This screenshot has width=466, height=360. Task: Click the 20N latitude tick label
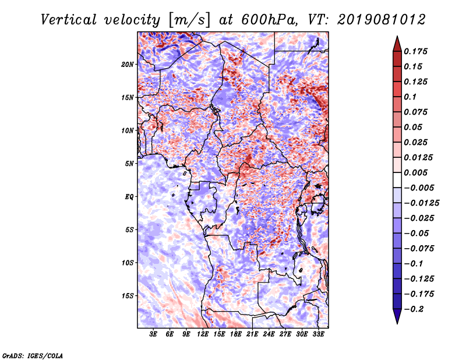[x=127, y=64]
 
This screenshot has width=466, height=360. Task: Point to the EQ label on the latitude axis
[x=129, y=197]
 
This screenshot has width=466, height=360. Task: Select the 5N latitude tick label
[x=129, y=164]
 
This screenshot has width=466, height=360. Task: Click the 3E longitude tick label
[x=153, y=334]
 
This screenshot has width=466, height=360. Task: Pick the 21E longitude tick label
[x=252, y=334]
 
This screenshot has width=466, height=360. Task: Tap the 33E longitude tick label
[x=318, y=334]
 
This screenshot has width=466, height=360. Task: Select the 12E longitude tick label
[x=203, y=334]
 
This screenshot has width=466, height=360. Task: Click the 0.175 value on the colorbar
[x=415, y=51]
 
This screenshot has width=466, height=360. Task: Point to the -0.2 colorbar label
[x=414, y=309]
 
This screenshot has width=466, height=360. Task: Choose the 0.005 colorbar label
[x=415, y=172]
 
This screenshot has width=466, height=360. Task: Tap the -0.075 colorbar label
[x=419, y=249]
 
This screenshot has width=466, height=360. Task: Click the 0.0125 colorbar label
[x=418, y=157]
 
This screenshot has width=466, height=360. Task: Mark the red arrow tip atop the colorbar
[x=397, y=36]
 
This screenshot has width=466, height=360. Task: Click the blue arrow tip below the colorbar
[x=397, y=323]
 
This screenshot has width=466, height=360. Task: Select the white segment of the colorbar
[x=397, y=180]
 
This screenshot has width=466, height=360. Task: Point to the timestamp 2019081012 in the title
[x=382, y=20]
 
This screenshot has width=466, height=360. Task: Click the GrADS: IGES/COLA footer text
[x=32, y=355]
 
